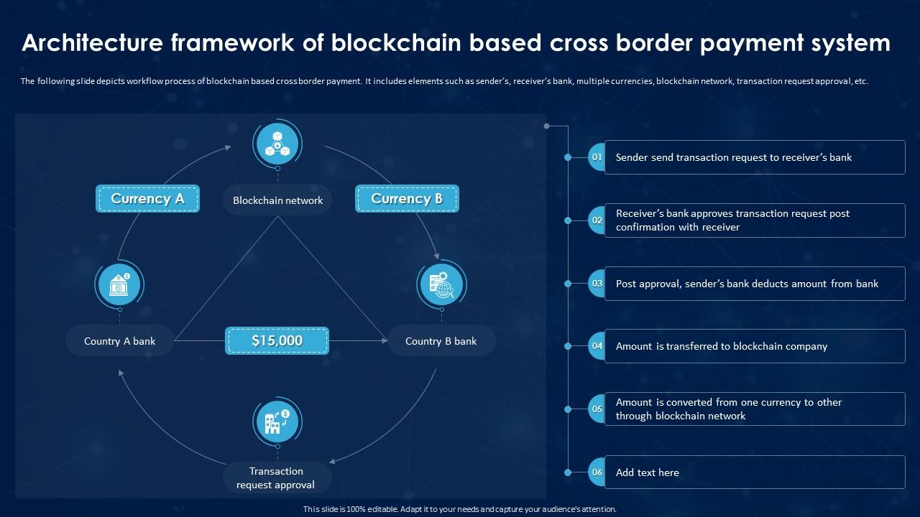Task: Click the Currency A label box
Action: (147, 199)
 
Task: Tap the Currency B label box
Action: (407, 199)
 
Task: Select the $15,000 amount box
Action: (277, 340)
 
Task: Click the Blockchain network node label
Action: (277, 200)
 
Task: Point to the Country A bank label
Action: (119, 341)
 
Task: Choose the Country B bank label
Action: (441, 341)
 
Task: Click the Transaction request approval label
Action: (276, 478)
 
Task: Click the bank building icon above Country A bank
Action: (119, 285)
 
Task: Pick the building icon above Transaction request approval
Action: (277, 422)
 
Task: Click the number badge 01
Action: (597, 157)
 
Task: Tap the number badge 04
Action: (597, 346)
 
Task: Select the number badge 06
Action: (597, 472)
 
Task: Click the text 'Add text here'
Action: (647, 472)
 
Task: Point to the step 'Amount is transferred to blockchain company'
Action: (721, 346)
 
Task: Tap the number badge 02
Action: (597, 220)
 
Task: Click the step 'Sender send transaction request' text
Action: (733, 157)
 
